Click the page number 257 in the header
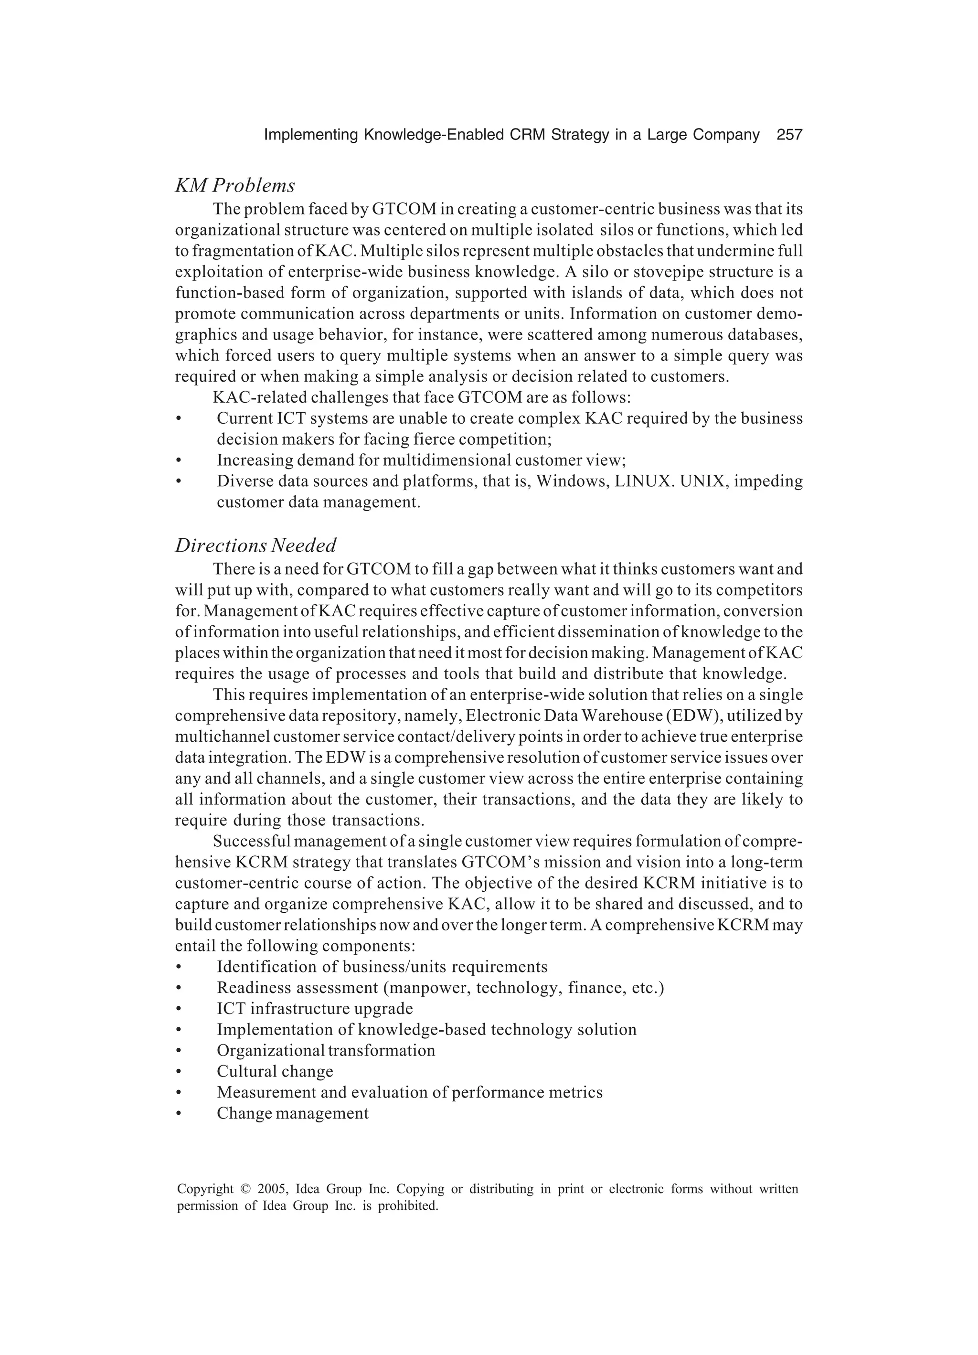pyautogui.click(x=789, y=135)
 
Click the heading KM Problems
pyautogui.click(x=235, y=186)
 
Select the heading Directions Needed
pyautogui.click(x=255, y=545)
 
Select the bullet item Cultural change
pyautogui.click(x=275, y=1071)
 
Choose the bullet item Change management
pyautogui.click(x=292, y=1113)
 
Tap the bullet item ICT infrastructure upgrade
pyautogui.click(x=314, y=1008)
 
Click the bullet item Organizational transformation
pyautogui.click(x=326, y=1050)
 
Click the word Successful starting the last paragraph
pyautogui.click(x=250, y=841)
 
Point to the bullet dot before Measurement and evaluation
pyautogui.click(x=178, y=1093)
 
